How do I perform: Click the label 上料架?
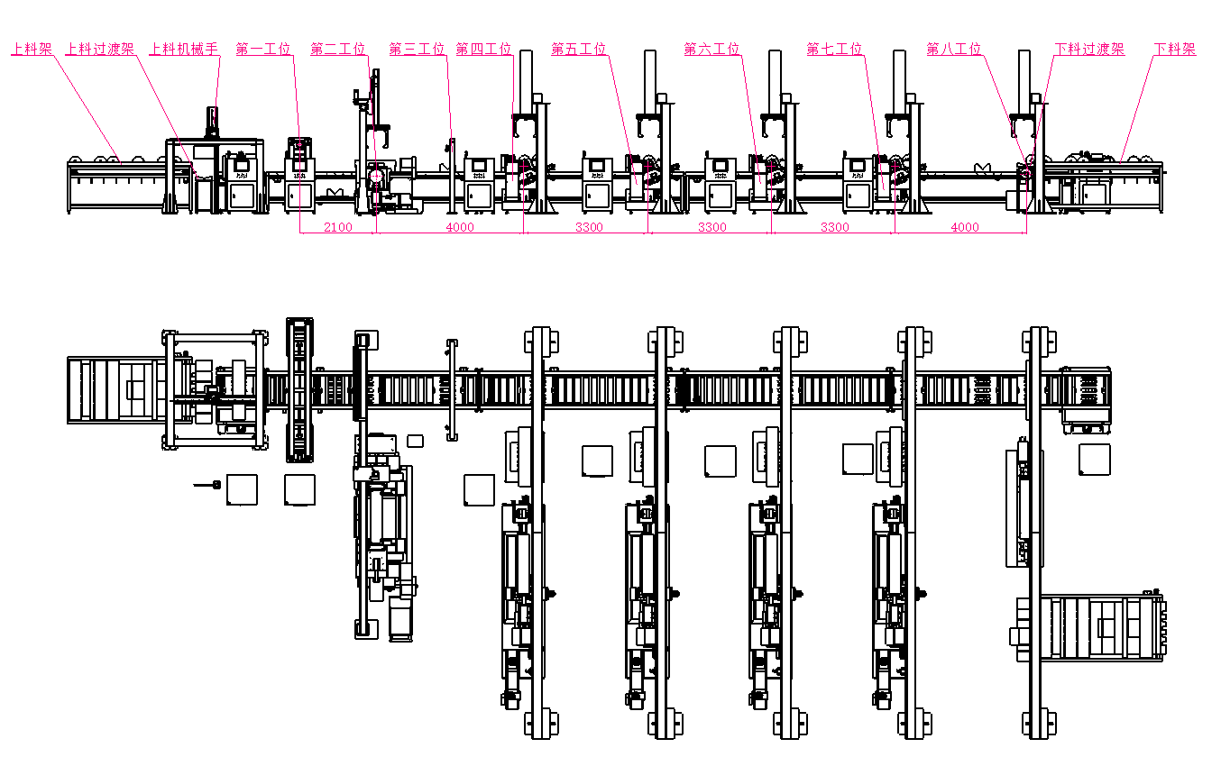click(32, 49)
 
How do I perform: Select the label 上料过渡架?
click(100, 49)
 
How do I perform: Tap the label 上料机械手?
click(184, 49)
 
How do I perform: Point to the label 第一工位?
click(263, 49)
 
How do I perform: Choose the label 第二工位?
click(338, 49)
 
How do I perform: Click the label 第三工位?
click(417, 49)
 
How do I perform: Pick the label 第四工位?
click(483, 49)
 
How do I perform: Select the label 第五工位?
click(579, 49)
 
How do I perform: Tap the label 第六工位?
click(711, 49)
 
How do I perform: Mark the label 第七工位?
click(834, 49)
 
